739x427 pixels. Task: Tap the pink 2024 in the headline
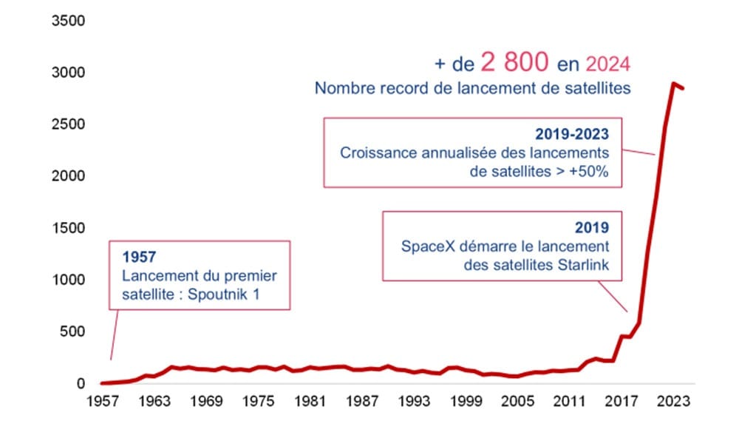(x=607, y=64)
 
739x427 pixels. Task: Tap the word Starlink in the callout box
(x=583, y=266)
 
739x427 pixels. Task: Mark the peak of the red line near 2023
(x=673, y=84)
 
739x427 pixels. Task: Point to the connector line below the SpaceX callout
(x=616, y=296)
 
